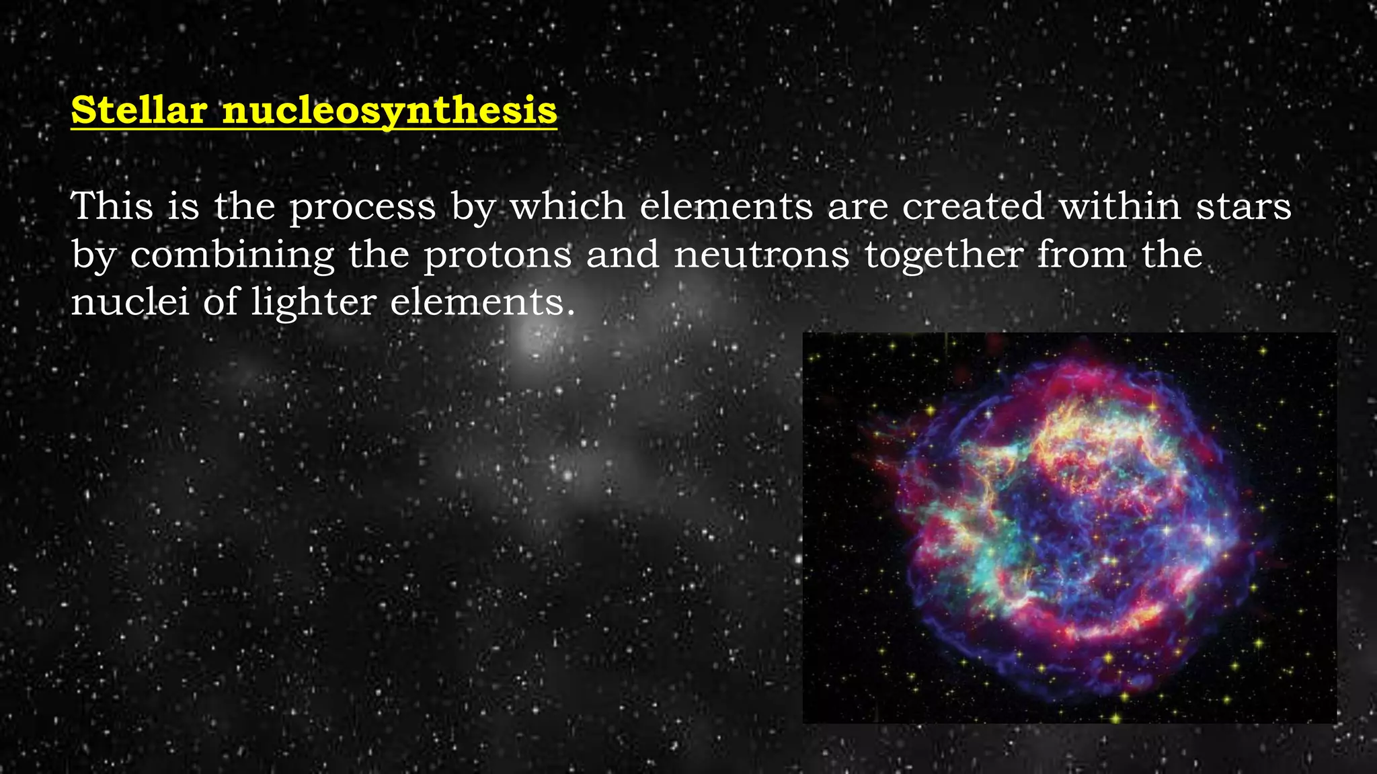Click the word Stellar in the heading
coord(139,110)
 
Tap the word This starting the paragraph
coord(112,206)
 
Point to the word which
coord(567,206)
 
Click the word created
coord(973,206)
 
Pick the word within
coord(1120,206)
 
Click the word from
coord(1082,255)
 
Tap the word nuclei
coord(130,302)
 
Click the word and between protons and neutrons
coord(623,255)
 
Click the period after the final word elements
coord(571,313)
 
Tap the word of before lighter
coord(221,302)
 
